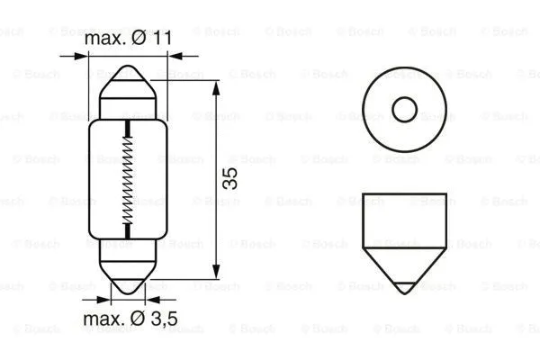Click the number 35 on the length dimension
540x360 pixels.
pos(230,178)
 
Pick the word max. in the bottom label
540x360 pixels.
pos(103,320)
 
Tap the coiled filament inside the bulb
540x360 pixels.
pos(129,183)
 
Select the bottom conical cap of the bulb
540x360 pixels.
pos(129,270)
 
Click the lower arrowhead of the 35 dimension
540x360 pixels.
pos(218,274)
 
